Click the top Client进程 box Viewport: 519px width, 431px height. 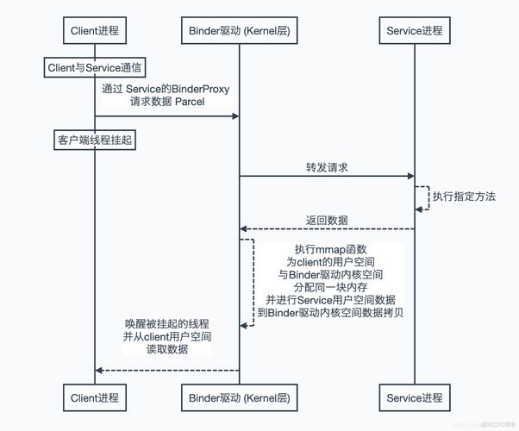point(95,30)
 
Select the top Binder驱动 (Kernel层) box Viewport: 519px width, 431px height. point(239,30)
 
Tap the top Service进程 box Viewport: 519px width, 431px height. point(414,30)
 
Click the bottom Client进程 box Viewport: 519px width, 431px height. point(95,397)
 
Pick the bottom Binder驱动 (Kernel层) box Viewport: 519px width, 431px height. point(239,397)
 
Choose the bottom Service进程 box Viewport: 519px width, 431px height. point(414,397)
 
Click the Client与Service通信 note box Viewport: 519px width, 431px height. point(95,66)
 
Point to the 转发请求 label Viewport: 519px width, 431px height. point(327,167)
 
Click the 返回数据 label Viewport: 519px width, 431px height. point(327,220)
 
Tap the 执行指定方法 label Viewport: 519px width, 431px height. point(464,197)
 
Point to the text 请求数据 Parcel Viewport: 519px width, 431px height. point(167,102)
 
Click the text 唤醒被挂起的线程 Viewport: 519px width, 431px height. point(167,323)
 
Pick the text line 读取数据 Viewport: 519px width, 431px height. point(167,350)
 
